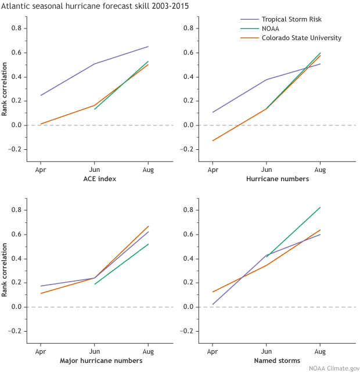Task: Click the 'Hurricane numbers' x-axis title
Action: click(x=267, y=179)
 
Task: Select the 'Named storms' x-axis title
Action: click(x=267, y=361)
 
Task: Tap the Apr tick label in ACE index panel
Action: click(x=41, y=170)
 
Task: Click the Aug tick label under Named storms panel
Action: click(x=320, y=351)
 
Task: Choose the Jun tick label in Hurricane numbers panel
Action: click(x=267, y=170)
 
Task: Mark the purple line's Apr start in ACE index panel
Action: click(x=41, y=95)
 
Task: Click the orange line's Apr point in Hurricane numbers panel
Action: click(x=213, y=141)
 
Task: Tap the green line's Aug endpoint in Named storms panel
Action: click(x=320, y=207)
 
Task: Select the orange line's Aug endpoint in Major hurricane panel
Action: click(x=148, y=226)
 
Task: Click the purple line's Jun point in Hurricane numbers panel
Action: click(x=267, y=80)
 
